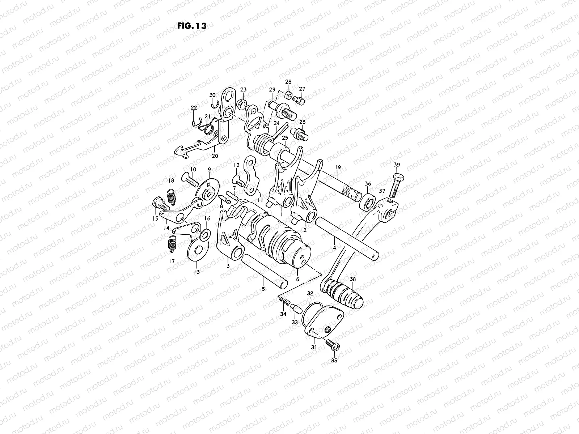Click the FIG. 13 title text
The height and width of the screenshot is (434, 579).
tap(192, 26)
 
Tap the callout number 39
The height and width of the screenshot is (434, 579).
tap(397, 165)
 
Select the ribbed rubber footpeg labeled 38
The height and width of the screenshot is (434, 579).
tap(342, 293)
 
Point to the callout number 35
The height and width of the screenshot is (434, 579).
tap(334, 361)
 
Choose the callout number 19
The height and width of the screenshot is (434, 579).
tap(338, 167)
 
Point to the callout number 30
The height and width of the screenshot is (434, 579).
tap(213, 95)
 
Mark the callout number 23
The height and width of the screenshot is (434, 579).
tap(243, 90)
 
